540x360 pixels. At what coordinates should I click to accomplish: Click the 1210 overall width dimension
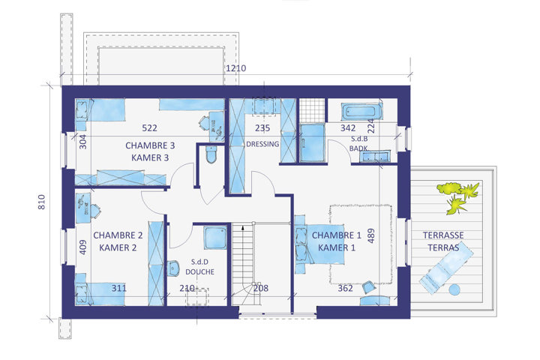click(236, 68)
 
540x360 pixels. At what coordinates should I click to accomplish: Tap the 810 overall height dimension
click(41, 202)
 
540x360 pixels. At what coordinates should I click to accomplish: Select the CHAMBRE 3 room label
click(150, 145)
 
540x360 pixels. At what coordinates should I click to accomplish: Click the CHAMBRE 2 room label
click(118, 235)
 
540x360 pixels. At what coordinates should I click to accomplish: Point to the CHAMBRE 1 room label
click(337, 235)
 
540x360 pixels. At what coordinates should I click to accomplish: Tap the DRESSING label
click(262, 144)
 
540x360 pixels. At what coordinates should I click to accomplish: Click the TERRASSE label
click(443, 235)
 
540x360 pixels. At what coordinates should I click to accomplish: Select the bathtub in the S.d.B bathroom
click(362, 111)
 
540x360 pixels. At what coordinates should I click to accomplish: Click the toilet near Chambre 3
click(211, 154)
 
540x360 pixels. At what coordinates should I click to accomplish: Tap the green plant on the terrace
click(458, 197)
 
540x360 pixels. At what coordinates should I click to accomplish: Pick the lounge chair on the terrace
click(446, 268)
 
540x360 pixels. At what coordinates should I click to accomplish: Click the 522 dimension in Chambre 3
click(149, 128)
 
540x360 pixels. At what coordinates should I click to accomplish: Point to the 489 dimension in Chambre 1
click(371, 236)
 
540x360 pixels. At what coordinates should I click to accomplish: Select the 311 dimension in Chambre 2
click(118, 288)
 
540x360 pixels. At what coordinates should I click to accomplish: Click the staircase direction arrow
click(243, 229)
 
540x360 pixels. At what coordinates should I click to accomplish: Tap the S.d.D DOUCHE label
click(199, 267)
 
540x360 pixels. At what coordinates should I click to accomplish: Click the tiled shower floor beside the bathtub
click(312, 110)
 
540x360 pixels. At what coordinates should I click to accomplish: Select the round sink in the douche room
click(173, 268)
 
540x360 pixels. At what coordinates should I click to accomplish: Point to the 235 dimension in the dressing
click(262, 128)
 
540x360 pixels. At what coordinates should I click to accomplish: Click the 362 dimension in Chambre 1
click(345, 288)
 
